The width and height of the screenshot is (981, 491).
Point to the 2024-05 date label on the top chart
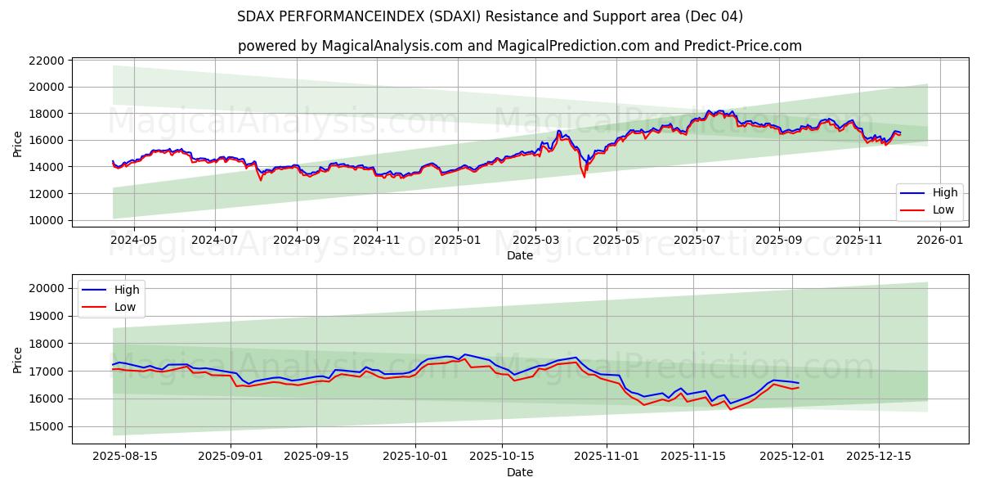tap(133, 241)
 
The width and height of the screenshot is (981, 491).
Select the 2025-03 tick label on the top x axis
tap(536, 241)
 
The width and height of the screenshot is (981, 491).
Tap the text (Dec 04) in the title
tap(714, 16)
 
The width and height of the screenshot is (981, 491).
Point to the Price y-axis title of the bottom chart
tap(18, 359)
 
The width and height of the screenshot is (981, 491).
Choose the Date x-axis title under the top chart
tap(520, 255)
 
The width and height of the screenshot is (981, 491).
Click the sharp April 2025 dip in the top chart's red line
tap(584, 177)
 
